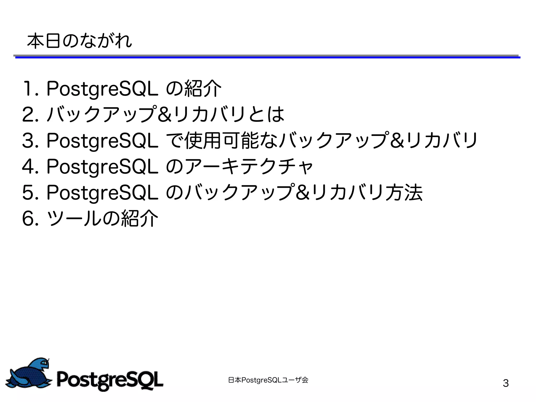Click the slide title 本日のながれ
[79, 41]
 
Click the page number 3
[506, 383]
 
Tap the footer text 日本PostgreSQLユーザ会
[268, 380]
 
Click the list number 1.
[27, 89]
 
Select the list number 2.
[29, 114]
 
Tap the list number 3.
[29, 141]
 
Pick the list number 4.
[29, 167]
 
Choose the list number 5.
[29, 192]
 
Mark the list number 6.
[29, 218]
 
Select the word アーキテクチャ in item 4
[249, 167]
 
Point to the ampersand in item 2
[165, 114]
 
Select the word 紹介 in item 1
[203, 89]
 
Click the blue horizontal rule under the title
[267, 57]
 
